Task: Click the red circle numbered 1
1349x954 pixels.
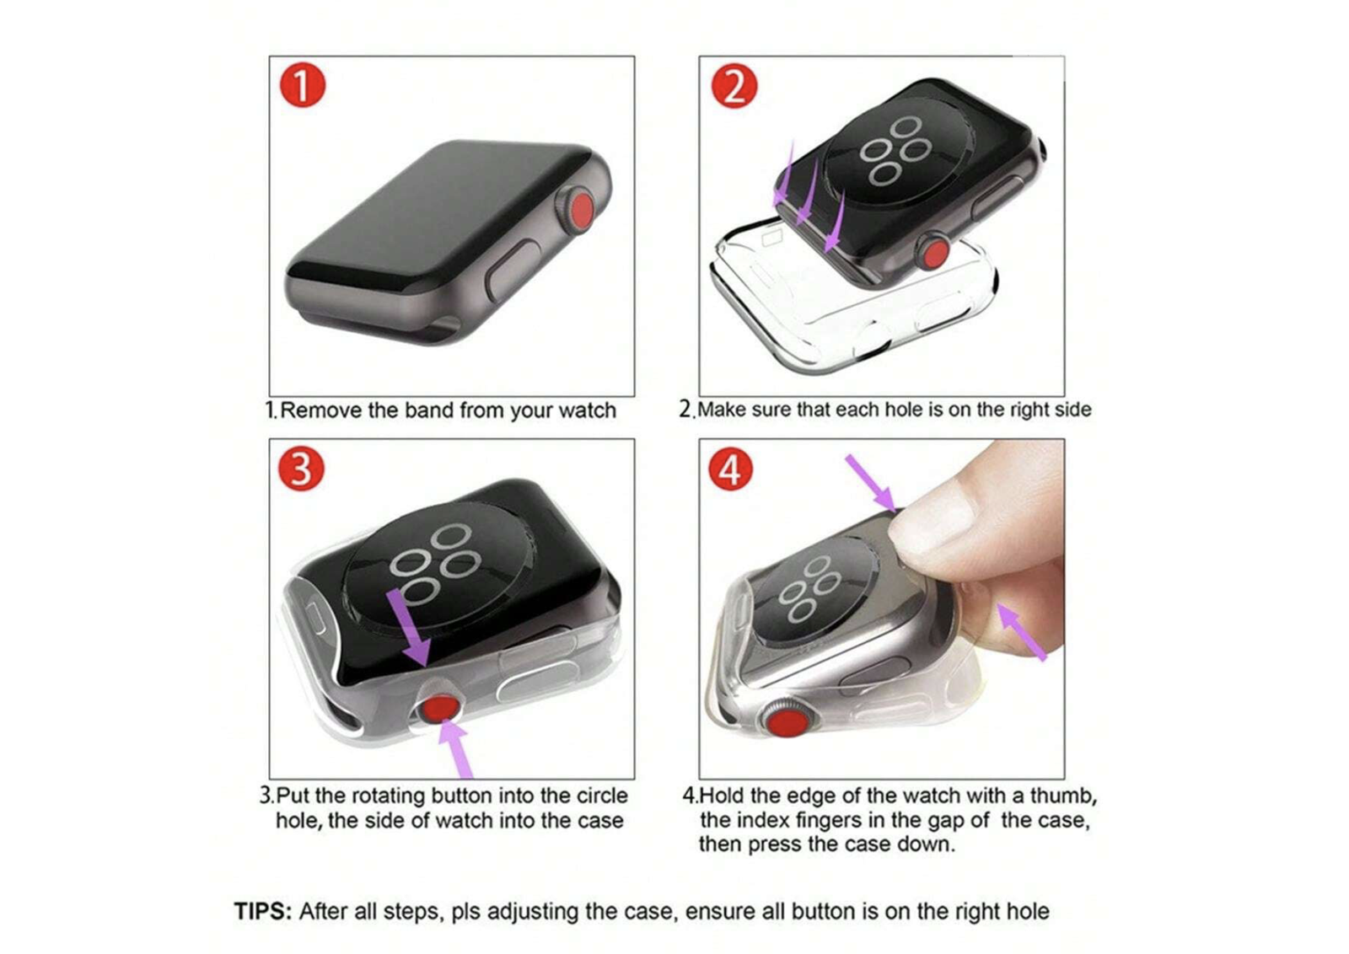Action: coord(303,85)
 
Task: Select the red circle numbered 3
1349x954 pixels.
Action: coord(301,469)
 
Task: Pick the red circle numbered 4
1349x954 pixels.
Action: coord(730,469)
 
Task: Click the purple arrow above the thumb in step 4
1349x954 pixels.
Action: coord(871,483)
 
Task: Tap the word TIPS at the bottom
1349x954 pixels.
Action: coord(263,911)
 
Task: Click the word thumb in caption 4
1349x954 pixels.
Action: coord(1064,796)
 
